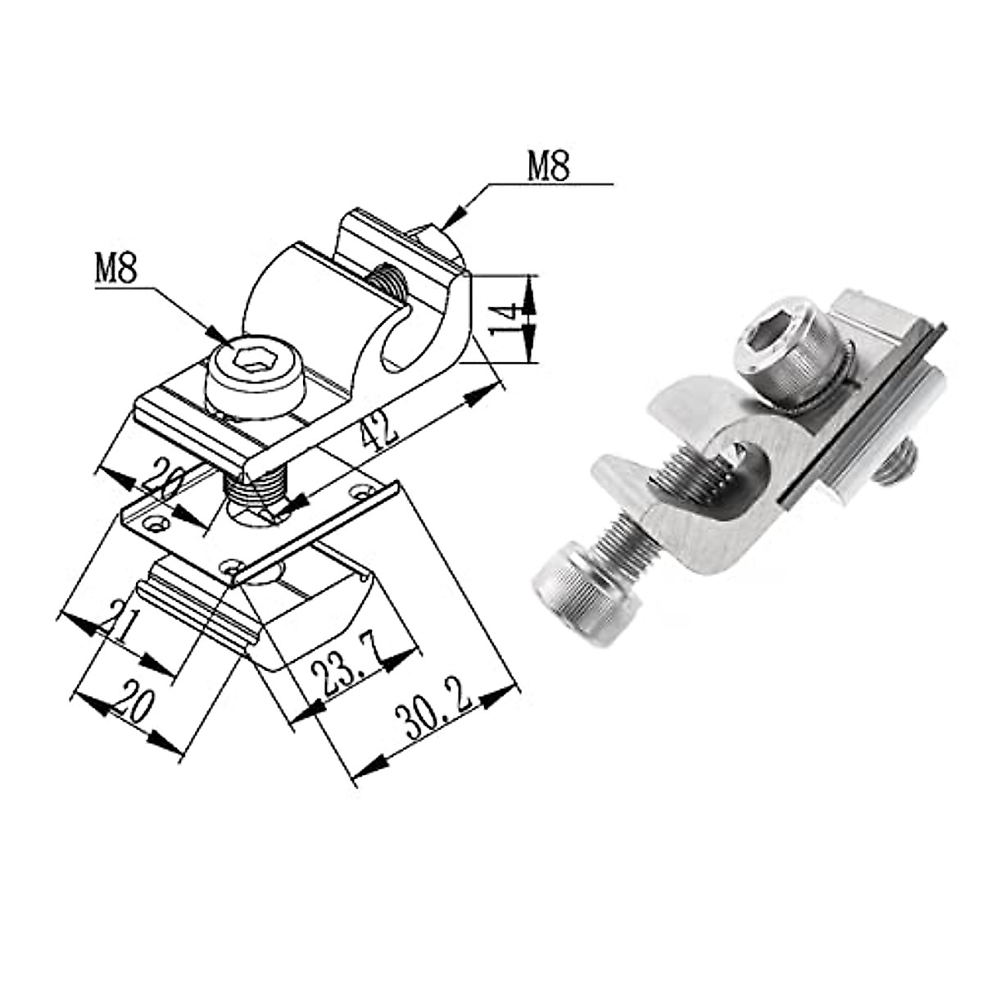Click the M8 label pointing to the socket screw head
tap(116, 268)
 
